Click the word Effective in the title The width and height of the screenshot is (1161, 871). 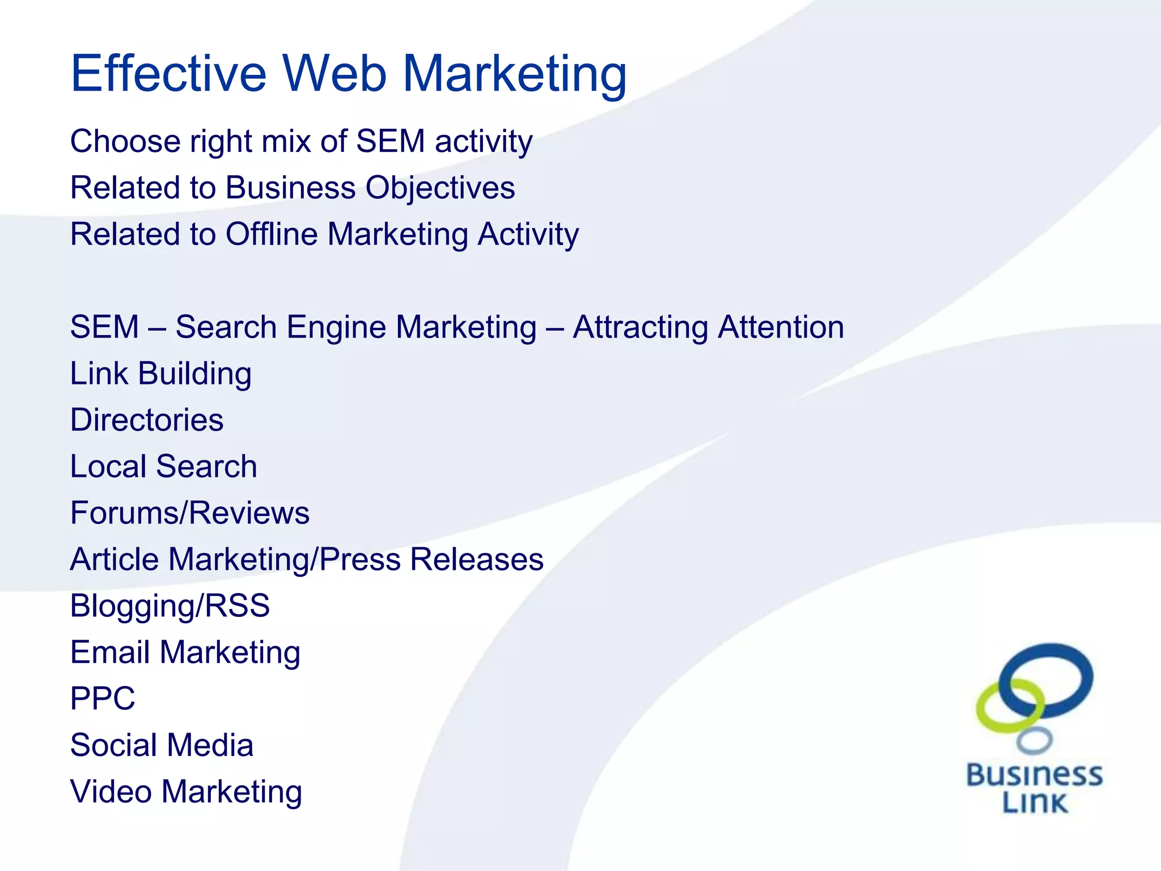(168, 74)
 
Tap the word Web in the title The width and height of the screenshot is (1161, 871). (334, 74)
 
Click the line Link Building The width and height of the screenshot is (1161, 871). (161, 374)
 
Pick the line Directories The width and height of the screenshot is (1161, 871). (147, 420)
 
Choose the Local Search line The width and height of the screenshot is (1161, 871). (163, 467)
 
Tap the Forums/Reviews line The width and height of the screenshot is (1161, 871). (190, 513)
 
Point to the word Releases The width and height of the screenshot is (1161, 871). (477, 560)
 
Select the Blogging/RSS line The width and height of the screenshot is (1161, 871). (170, 606)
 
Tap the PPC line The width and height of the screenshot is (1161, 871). (103, 699)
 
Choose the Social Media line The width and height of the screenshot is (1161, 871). (162, 745)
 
